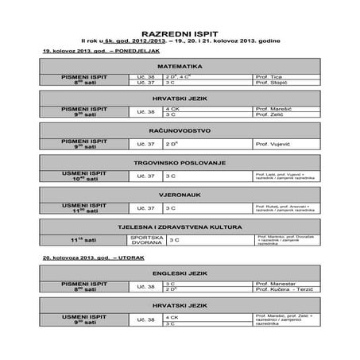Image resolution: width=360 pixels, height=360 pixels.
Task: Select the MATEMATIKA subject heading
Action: click(x=179, y=65)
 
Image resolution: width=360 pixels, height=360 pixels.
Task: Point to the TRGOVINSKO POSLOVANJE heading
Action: click(x=179, y=161)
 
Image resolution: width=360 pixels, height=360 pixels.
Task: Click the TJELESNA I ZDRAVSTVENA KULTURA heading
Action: click(x=179, y=226)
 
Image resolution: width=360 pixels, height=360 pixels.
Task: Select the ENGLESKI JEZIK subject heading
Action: click(x=179, y=272)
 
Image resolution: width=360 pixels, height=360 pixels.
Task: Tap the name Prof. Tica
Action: click(x=270, y=76)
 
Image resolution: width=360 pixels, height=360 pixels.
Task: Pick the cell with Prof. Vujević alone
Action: click(x=275, y=144)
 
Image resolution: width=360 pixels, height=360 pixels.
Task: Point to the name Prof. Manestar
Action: click(x=275, y=283)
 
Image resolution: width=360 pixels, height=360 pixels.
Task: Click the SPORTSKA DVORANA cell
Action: click(x=145, y=238)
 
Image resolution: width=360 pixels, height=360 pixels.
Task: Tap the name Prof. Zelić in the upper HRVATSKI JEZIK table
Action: click(x=271, y=114)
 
